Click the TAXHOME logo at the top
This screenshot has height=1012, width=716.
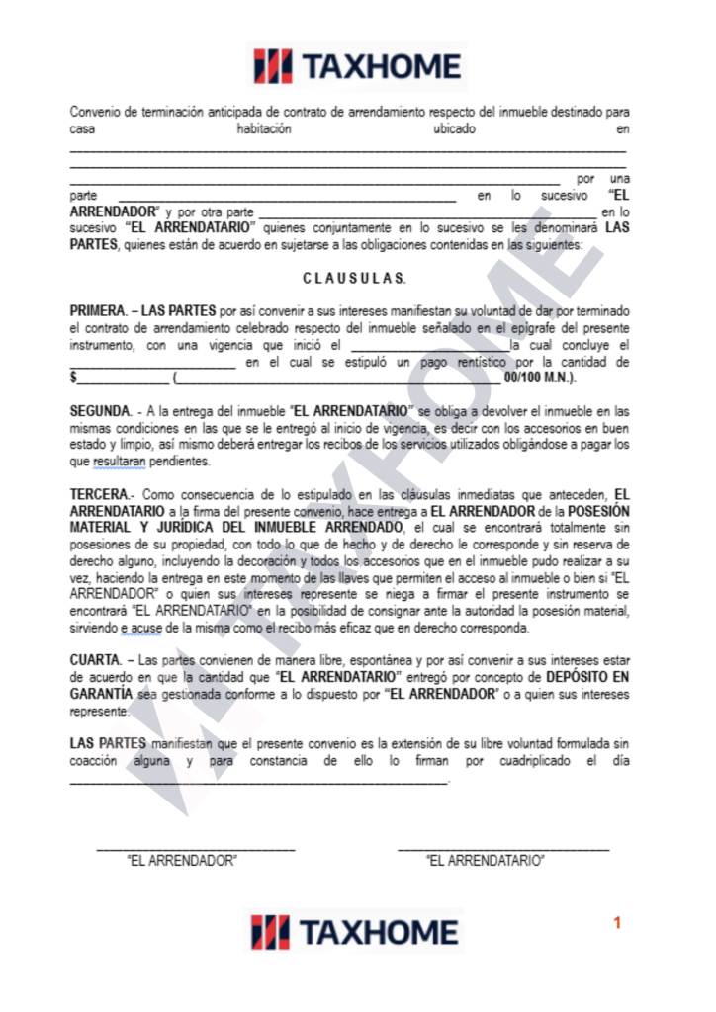click(357, 66)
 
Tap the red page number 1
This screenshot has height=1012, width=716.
click(617, 922)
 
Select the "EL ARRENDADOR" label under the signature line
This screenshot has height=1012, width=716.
click(182, 861)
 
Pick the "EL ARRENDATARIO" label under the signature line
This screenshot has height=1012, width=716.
click(486, 861)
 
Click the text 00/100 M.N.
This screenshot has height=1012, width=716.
click(540, 379)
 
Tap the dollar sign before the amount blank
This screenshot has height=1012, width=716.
click(73, 379)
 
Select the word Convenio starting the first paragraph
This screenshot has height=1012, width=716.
click(96, 112)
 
